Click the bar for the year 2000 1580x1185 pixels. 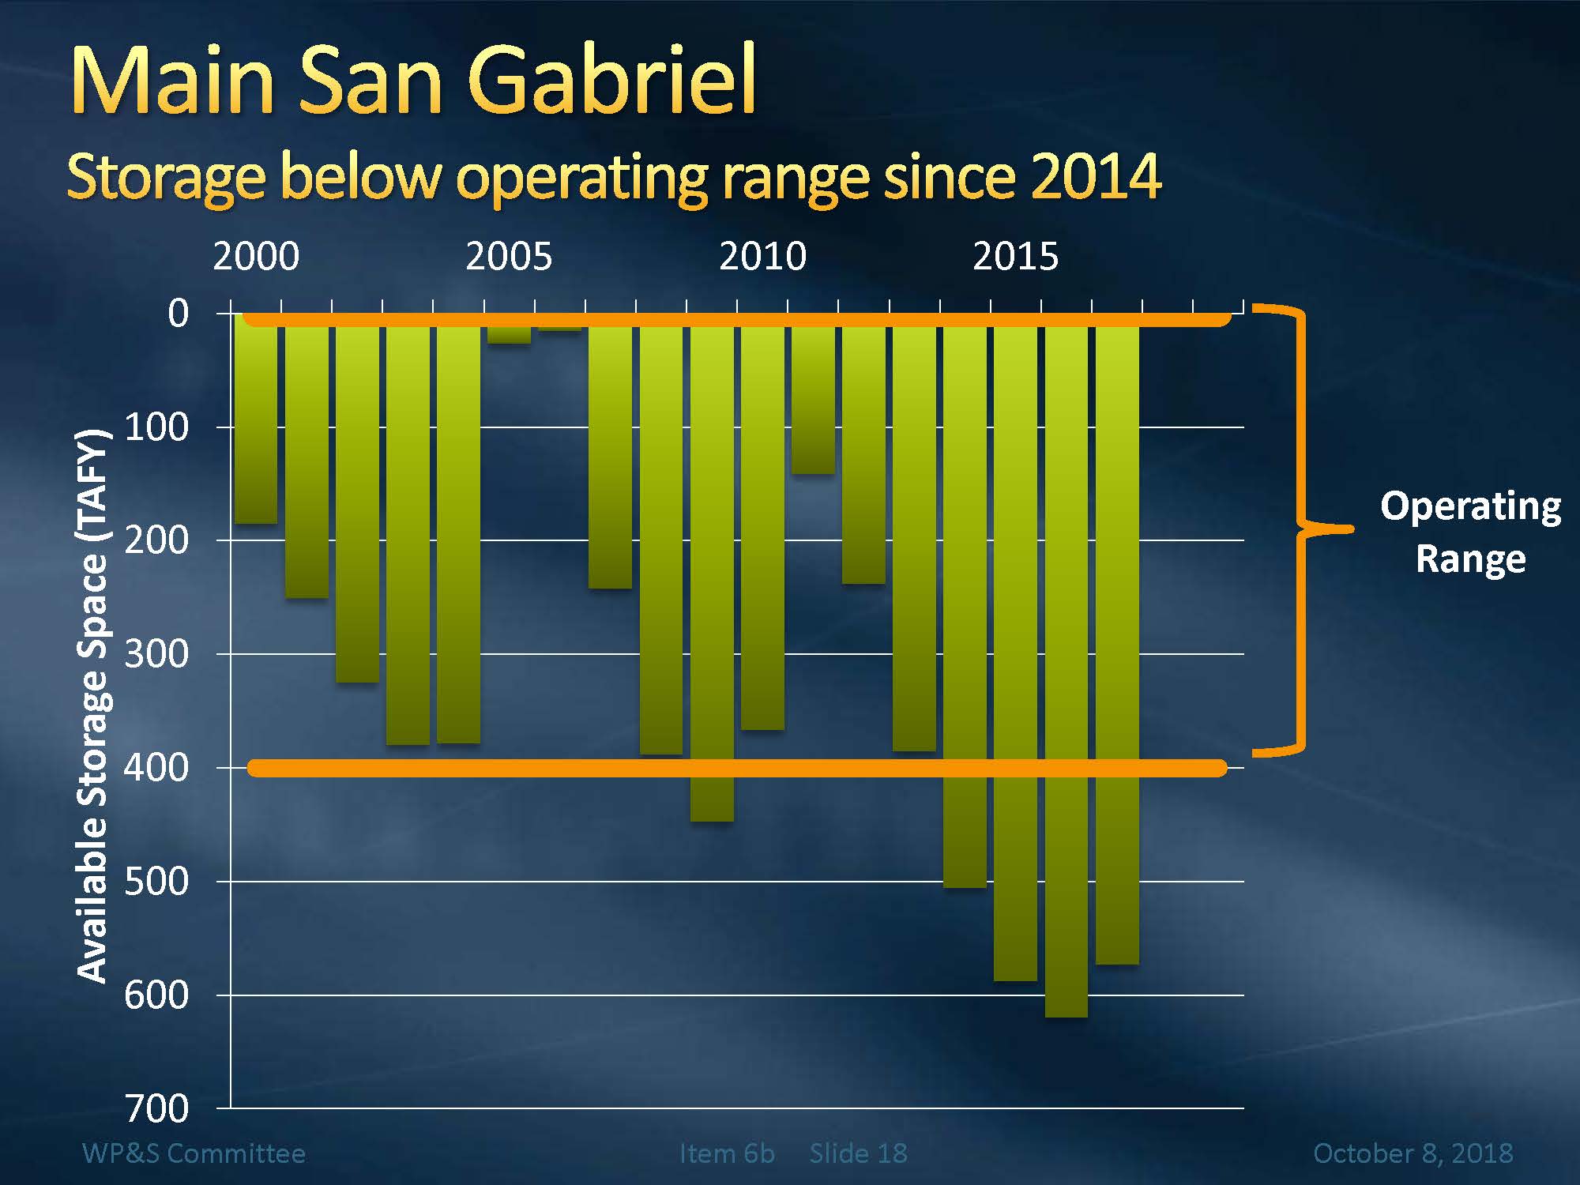[256, 419]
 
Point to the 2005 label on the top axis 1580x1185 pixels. [509, 257]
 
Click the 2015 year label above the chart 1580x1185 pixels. [1015, 257]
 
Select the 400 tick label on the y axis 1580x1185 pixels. [156, 767]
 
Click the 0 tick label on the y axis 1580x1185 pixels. [179, 314]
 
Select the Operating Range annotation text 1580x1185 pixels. [1470, 532]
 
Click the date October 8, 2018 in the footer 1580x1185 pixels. [1413, 1153]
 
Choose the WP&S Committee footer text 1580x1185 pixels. [194, 1153]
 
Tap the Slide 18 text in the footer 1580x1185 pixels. [858, 1153]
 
